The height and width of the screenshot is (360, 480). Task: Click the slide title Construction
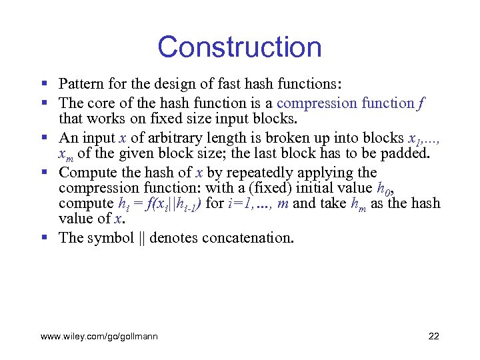[x=239, y=47]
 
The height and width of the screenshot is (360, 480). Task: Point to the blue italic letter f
[x=423, y=103]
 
